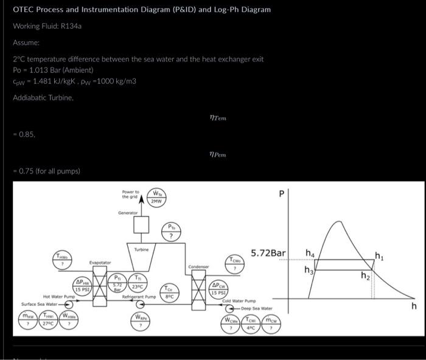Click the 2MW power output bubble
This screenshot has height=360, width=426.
(x=156, y=198)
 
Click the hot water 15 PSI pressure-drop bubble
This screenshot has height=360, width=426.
(x=83, y=285)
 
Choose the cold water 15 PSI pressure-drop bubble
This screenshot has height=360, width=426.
(x=220, y=288)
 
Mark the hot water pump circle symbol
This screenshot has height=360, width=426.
(x=69, y=303)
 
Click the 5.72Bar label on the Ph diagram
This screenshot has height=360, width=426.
(x=268, y=252)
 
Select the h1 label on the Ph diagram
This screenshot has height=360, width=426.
(x=379, y=255)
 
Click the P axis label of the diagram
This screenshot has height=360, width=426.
(x=281, y=194)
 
